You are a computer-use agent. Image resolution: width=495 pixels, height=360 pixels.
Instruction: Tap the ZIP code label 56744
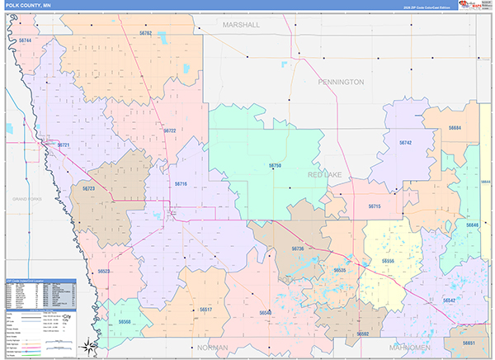(24, 40)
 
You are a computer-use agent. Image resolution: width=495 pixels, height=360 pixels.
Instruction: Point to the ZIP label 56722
(170, 130)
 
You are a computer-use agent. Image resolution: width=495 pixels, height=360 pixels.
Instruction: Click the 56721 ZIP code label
(63, 145)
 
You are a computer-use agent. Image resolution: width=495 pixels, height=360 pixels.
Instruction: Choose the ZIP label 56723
(88, 189)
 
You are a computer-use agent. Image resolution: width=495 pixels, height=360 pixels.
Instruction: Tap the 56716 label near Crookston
(181, 184)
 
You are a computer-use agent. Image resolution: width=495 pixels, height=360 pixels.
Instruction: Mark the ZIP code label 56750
(275, 166)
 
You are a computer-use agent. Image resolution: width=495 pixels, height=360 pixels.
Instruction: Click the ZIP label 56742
(405, 143)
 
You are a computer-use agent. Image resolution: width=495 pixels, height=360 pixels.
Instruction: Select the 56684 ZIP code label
(455, 128)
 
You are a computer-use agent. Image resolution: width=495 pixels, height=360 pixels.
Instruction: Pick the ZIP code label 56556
(388, 261)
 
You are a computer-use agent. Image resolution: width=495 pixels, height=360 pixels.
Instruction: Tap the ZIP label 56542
(450, 301)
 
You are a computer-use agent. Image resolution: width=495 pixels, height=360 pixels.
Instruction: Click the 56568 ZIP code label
(124, 321)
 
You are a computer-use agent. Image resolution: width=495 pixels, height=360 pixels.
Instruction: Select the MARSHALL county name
(241, 26)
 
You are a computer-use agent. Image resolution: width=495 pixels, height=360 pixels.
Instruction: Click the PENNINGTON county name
(341, 83)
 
